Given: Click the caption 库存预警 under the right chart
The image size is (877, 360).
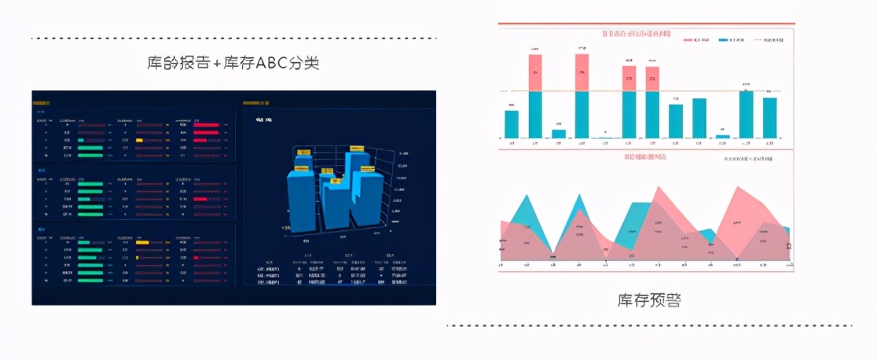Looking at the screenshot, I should (648, 299).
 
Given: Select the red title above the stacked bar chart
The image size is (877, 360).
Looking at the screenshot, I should (637, 34).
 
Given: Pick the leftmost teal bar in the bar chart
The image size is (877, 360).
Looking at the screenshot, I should (511, 124).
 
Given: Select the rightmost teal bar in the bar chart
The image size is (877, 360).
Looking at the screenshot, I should (769, 118).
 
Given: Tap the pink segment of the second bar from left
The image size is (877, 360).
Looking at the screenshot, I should (535, 72).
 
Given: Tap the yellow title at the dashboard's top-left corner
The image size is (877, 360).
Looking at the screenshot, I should (41, 102).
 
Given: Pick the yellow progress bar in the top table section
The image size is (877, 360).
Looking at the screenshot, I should (139, 140).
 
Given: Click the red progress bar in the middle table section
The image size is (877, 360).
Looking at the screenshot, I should (200, 199).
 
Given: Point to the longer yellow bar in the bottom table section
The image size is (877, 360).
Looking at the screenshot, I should (142, 242).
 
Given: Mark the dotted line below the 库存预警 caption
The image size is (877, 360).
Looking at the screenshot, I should (648, 325).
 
